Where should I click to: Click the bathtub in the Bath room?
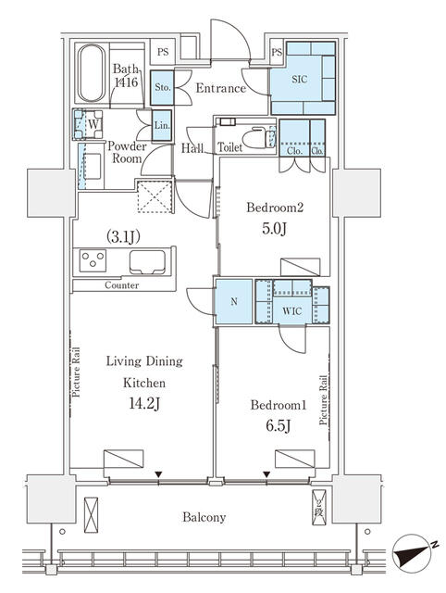point(92,73)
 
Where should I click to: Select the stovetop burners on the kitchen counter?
point(93,260)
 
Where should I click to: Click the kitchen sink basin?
point(147,261)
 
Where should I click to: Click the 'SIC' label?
point(300,80)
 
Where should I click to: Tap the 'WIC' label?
point(291,311)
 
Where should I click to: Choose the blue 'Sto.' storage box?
point(162,88)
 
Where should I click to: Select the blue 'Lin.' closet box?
point(162,126)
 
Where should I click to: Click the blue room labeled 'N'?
point(234,301)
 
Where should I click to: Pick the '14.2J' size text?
point(144,404)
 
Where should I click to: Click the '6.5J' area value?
point(278,426)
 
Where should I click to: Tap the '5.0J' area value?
point(275,229)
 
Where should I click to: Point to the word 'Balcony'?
point(204,517)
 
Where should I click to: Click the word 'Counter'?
point(121,285)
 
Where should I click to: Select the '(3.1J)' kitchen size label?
point(123,237)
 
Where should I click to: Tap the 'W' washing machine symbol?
point(93,123)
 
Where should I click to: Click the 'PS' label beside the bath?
point(163,52)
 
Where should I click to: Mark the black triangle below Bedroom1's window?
point(267,474)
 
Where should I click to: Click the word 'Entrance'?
point(221,89)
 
